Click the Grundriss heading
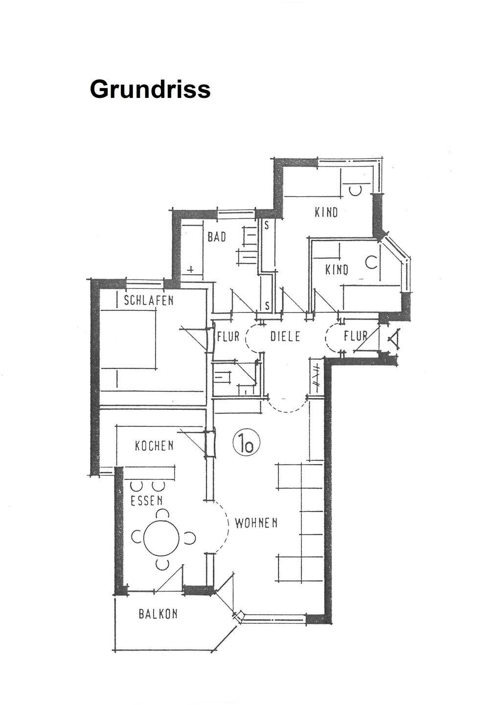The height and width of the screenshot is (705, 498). [150, 90]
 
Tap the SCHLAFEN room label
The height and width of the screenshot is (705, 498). [149, 300]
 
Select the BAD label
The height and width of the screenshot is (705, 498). [217, 237]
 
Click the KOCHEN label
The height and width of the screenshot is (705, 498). [154, 446]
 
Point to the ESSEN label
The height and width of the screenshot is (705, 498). [147, 501]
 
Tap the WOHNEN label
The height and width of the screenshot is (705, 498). [256, 523]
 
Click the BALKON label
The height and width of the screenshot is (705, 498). [158, 614]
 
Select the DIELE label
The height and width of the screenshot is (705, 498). [285, 337]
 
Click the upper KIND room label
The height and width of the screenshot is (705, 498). [326, 212]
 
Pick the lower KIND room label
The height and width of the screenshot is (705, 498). [337, 270]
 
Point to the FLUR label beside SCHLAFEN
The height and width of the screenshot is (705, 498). [228, 337]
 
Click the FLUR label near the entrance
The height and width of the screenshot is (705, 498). [356, 336]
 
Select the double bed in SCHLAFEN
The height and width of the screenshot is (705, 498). [128, 339]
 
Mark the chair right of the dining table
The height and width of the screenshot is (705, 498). [190, 538]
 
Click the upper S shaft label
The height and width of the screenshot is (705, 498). [267, 226]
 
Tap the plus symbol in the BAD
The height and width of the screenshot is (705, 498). [190, 269]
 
